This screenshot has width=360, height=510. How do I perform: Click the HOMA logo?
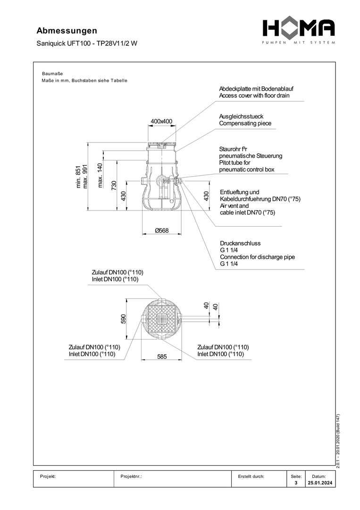coord(299,29)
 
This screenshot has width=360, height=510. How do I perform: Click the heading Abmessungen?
coord(67,31)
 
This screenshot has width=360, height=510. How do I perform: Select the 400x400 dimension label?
coord(161,121)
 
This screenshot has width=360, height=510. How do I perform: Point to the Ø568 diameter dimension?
coord(161,230)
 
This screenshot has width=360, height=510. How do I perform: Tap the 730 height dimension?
coord(114,186)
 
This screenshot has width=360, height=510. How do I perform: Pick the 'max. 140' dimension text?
coord(100,175)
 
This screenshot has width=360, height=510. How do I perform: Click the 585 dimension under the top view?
coord(161,357)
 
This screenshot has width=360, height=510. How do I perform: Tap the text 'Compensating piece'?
coord(245,124)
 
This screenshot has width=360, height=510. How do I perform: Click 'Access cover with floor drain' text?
coord(254,95)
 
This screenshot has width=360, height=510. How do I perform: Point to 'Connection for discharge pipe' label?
coord(257,257)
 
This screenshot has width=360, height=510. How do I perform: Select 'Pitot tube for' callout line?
coord(238,162)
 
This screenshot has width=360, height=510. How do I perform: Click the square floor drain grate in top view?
coord(161,319)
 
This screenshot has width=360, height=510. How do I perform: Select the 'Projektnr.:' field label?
coord(132,476)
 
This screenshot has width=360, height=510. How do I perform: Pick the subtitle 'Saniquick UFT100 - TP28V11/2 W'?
coord(87,43)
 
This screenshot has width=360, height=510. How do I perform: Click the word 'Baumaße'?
coord(52,74)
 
